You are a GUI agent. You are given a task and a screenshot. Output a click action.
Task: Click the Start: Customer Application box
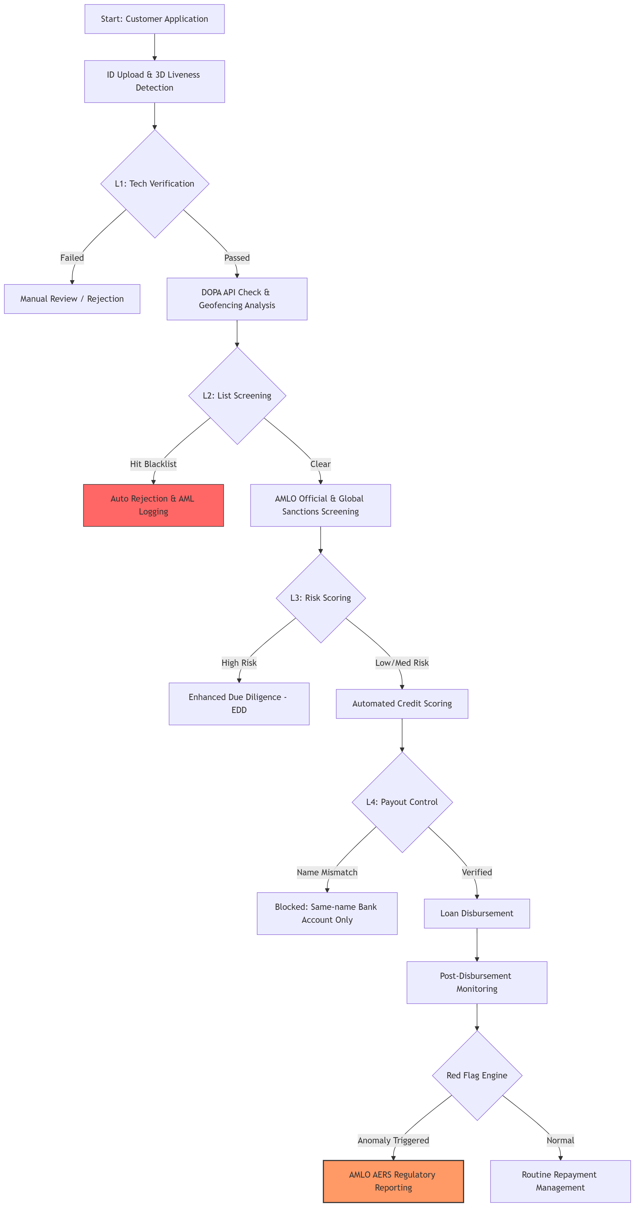(154, 19)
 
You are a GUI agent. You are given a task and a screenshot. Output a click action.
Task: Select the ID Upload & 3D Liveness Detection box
(154, 81)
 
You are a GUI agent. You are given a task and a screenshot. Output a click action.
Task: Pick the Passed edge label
(237, 258)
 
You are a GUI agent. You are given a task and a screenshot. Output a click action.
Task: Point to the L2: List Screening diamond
(237, 396)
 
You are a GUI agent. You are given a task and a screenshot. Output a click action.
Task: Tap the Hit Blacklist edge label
(153, 464)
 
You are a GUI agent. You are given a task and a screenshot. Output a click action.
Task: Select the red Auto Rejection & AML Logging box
(153, 505)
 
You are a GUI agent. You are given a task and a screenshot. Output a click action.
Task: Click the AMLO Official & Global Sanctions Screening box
(320, 505)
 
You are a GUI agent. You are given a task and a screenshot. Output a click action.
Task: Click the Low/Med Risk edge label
(401, 663)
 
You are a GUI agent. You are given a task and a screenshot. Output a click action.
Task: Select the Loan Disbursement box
(477, 913)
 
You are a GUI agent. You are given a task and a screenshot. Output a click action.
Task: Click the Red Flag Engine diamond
(477, 1075)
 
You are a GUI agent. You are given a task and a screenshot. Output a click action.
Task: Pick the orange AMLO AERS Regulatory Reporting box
(393, 1181)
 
